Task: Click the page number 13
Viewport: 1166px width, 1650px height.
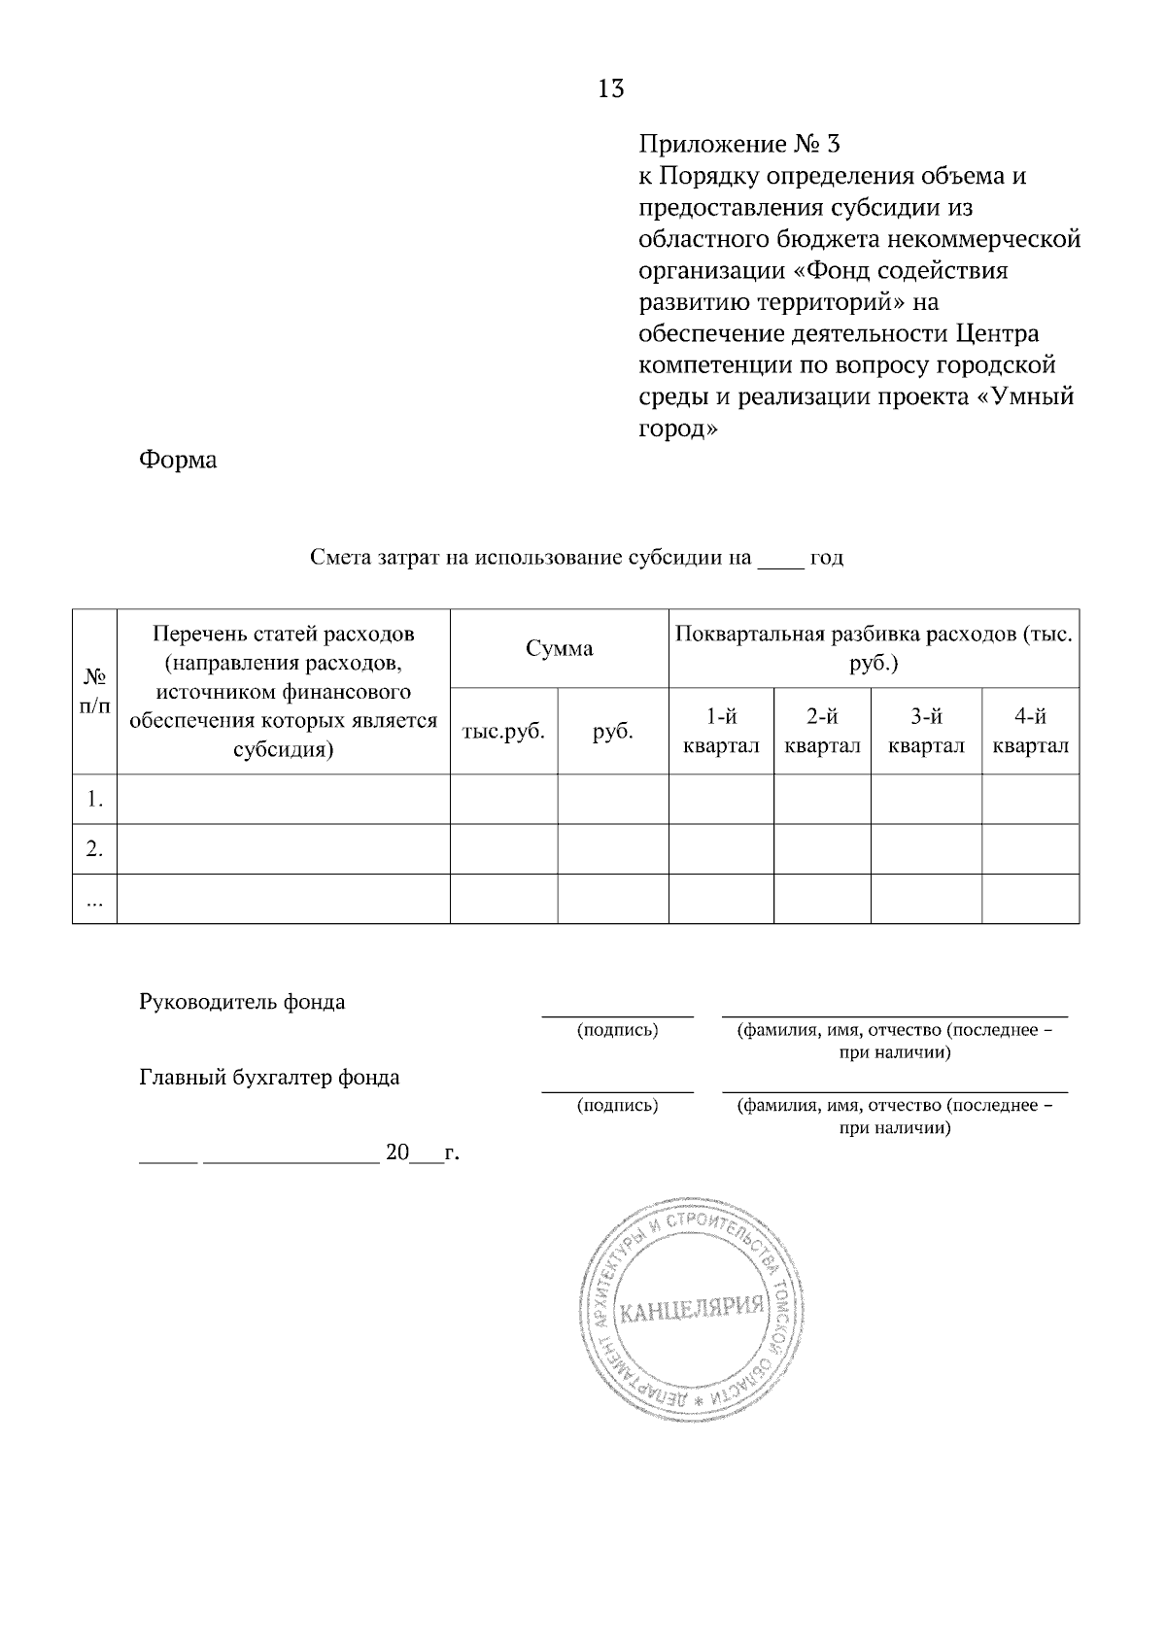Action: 611,89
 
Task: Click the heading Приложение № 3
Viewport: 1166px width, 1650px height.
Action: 738,145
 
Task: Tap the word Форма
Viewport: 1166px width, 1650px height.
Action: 178,460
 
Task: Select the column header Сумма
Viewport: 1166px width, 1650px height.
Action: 559,649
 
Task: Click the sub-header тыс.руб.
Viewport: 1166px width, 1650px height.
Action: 503,732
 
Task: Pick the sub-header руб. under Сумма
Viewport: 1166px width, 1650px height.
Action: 613,732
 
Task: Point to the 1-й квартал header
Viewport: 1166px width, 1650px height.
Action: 721,732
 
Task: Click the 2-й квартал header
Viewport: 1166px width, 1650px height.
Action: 822,732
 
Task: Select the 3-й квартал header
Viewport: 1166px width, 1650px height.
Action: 926,732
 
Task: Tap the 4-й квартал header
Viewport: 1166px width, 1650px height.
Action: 1030,732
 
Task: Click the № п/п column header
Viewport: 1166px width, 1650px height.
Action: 94,691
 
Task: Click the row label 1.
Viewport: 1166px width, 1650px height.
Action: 94,800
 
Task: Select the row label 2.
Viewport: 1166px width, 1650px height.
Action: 94,849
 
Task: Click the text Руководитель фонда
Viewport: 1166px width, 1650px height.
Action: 242,1002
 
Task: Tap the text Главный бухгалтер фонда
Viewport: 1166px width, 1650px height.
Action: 269,1078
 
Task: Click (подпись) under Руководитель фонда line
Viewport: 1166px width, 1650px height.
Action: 617,1030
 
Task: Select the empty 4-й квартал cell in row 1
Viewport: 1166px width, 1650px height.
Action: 1030,800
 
